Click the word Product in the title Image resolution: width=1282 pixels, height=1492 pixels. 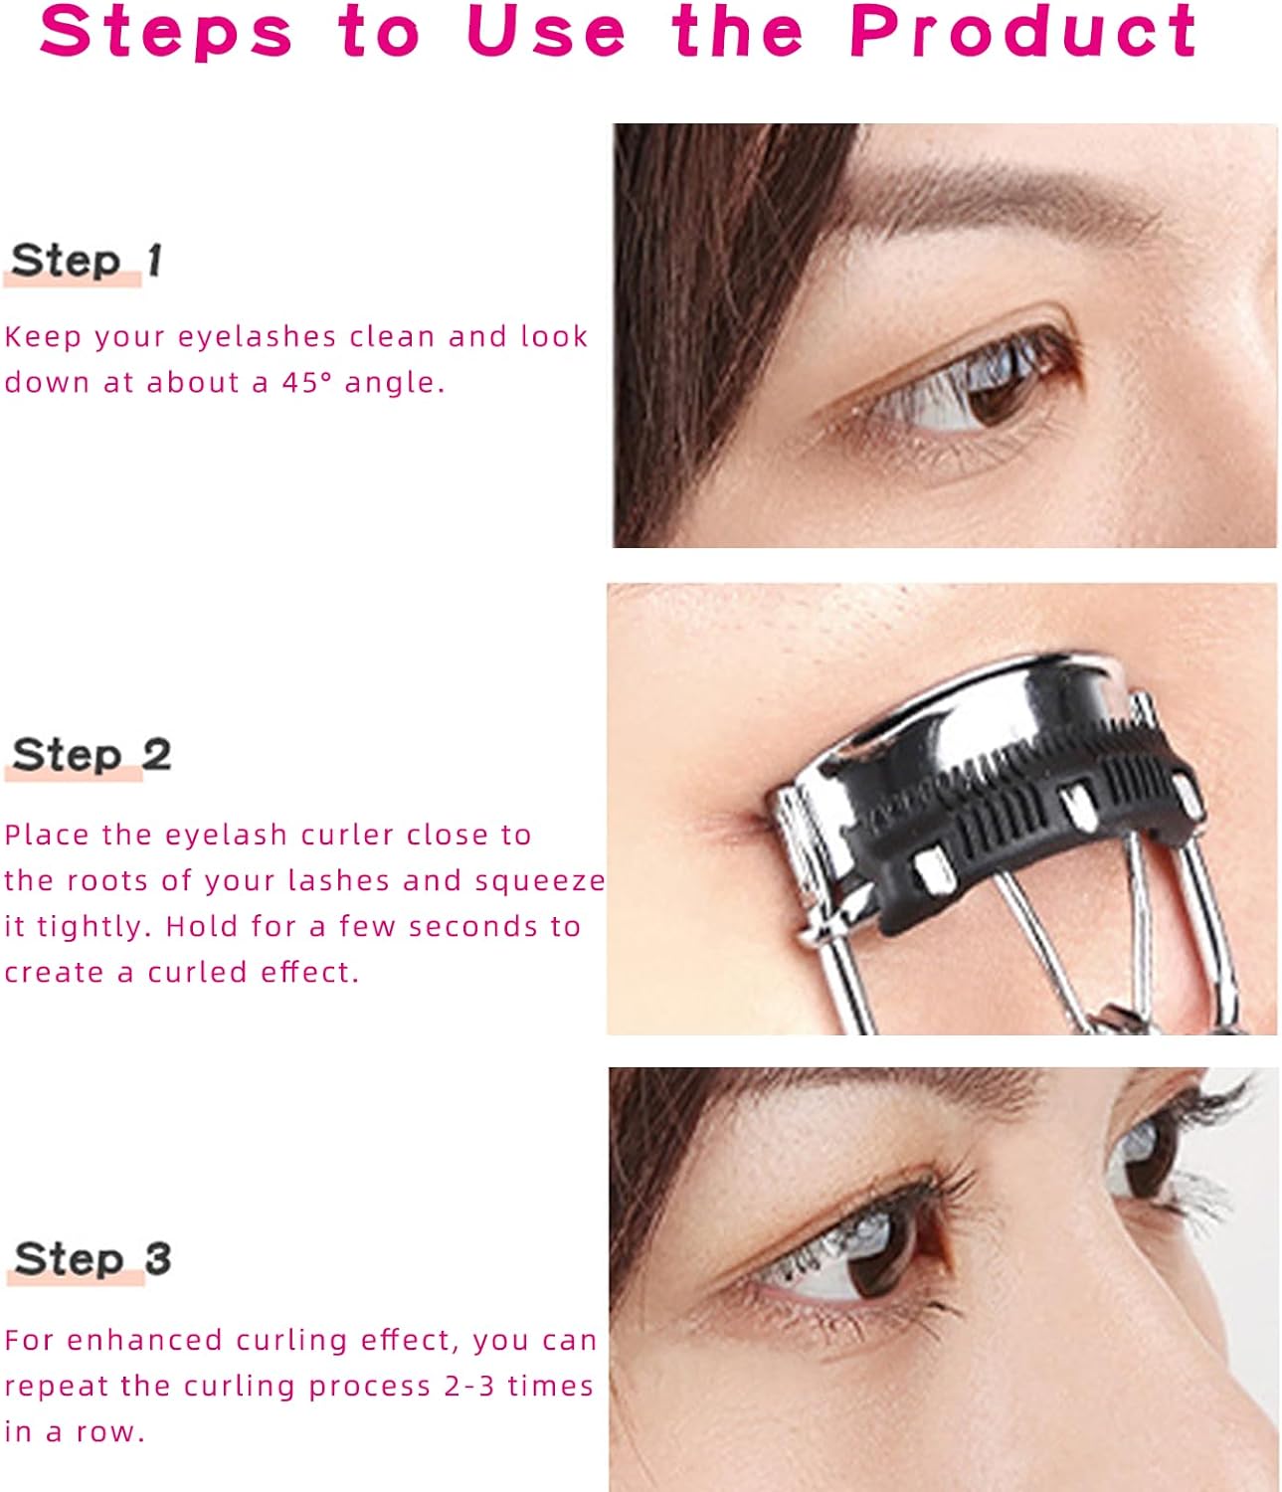pos(1023,32)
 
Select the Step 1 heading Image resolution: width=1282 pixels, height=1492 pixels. pos(87,261)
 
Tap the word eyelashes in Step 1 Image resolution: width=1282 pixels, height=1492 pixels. pos(257,337)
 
